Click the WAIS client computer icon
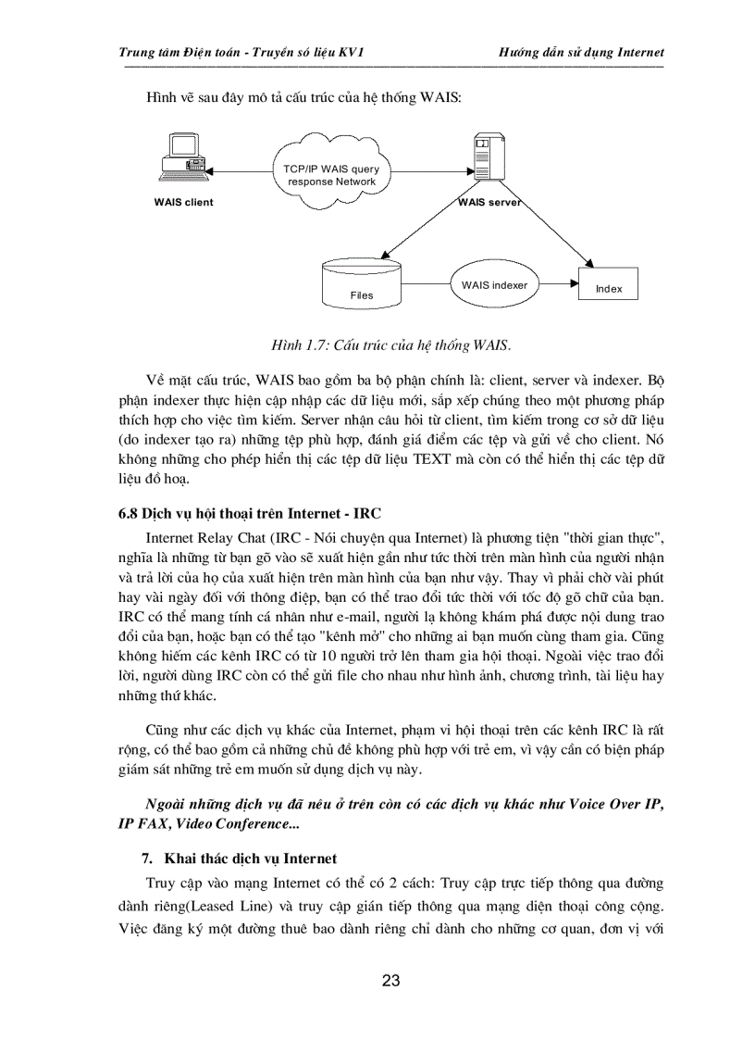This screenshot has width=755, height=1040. [x=181, y=158]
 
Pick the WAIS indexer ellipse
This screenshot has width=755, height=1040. [x=494, y=285]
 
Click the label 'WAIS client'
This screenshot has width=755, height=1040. [x=183, y=202]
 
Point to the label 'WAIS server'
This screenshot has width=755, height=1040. [x=490, y=202]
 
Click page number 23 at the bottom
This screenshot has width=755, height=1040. [x=390, y=981]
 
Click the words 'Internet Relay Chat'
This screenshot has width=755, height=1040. [x=204, y=538]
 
